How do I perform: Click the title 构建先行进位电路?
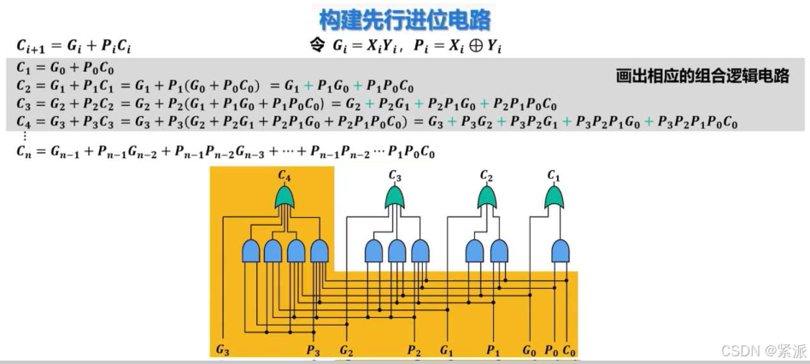405,18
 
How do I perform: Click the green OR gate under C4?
285,199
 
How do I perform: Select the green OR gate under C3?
394,199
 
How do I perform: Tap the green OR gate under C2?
486,199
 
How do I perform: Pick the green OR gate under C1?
555,199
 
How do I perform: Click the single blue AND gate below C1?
561,250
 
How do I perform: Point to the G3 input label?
222,350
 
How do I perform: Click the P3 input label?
313,350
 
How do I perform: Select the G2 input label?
346,350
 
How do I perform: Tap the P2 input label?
414,350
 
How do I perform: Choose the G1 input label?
447,350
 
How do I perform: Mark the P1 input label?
493,350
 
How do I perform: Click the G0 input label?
530,350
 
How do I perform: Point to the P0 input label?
551,350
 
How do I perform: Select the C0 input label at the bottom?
569,350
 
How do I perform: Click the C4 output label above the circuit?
285,175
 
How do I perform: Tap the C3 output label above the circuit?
394,175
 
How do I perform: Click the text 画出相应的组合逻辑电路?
702,76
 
